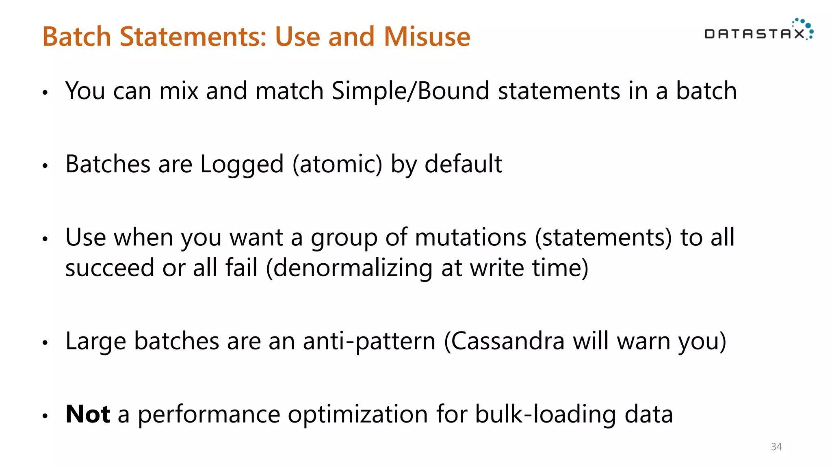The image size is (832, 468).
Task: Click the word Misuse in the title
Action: click(x=427, y=37)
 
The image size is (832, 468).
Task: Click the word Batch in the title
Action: click(x=77, y=37)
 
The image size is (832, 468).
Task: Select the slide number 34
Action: click(x=776, y=447)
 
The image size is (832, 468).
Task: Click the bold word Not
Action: click(x=87, y=414)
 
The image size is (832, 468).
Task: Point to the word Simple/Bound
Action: click(x=410, y=91)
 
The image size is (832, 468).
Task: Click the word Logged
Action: click(x=242, y=165)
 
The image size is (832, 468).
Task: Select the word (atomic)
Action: click(x=338, y=165)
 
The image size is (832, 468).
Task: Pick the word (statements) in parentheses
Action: click(x=603, y=238)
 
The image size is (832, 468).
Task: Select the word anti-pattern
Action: click(x=369, y=341)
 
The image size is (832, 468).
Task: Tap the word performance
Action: click(x=209, y=415)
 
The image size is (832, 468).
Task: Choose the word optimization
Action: click(x=357, y=415)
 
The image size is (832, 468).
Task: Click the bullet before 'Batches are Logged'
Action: click(x=45, y=166)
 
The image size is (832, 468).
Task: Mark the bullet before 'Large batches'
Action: click(x=45, y=343)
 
